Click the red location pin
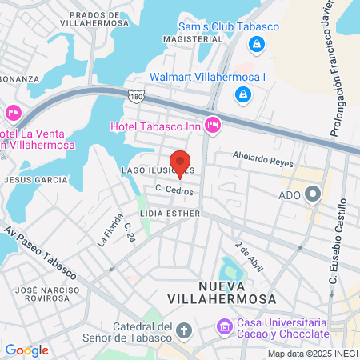[x=180, y=163]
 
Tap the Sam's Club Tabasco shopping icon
[x=256, y=45]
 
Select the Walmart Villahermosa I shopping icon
[x=242, y=95]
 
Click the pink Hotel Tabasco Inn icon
[x=212, y=124]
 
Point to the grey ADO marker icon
[x=312, y=194]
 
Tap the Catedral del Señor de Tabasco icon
[x=184, y=330]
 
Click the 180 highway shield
[x=138, y=95]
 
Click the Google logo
[x=26, y=350]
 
